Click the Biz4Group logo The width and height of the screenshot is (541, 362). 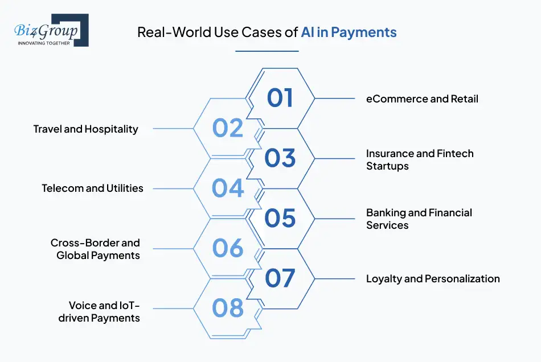(51, 30)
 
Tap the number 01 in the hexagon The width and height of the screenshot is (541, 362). (280, 97)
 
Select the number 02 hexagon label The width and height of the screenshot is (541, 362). (228, 128)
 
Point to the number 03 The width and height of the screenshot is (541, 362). (280, 158)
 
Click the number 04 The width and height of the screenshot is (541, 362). (228, 188)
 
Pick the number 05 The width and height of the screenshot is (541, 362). (280, 218)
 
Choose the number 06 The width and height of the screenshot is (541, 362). (228, 248)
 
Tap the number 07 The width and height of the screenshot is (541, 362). (280, 278)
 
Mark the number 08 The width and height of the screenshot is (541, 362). (228, 308)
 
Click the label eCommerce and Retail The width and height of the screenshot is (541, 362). (422, 99)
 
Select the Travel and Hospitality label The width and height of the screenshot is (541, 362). (85, 129)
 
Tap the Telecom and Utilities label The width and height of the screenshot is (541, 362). (92, 188)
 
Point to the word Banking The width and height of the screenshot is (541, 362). (386, 213)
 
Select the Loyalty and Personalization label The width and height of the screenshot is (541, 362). (433, 279)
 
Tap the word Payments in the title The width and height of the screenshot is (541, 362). (364, 32)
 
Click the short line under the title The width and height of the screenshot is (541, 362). (267, 51)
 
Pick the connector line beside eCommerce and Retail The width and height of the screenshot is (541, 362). (335, 98)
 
